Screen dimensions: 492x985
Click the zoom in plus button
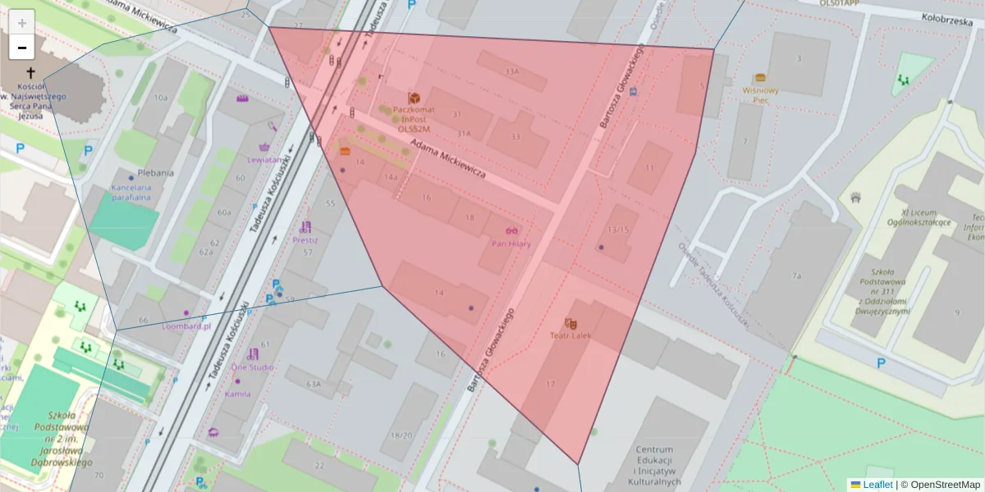pos(22,22)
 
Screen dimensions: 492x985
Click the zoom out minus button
pos(22,48)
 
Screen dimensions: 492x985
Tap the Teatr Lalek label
pos(570,335)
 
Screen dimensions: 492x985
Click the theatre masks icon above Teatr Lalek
pos(570,324)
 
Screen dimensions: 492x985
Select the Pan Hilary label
pos(511,244)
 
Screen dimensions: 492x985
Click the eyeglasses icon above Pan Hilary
pos(511,232)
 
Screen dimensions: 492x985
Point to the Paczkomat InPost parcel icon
pos(414,98)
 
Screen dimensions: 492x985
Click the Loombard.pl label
pos(186,325)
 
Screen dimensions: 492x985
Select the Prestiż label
pos(305,240)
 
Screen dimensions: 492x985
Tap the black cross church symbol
pos(30,73)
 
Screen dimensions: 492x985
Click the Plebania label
pos(156,173)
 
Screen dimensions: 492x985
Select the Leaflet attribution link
pos(877,485)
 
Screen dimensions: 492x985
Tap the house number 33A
pos(512,71)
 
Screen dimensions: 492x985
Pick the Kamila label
pos(237,394)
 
